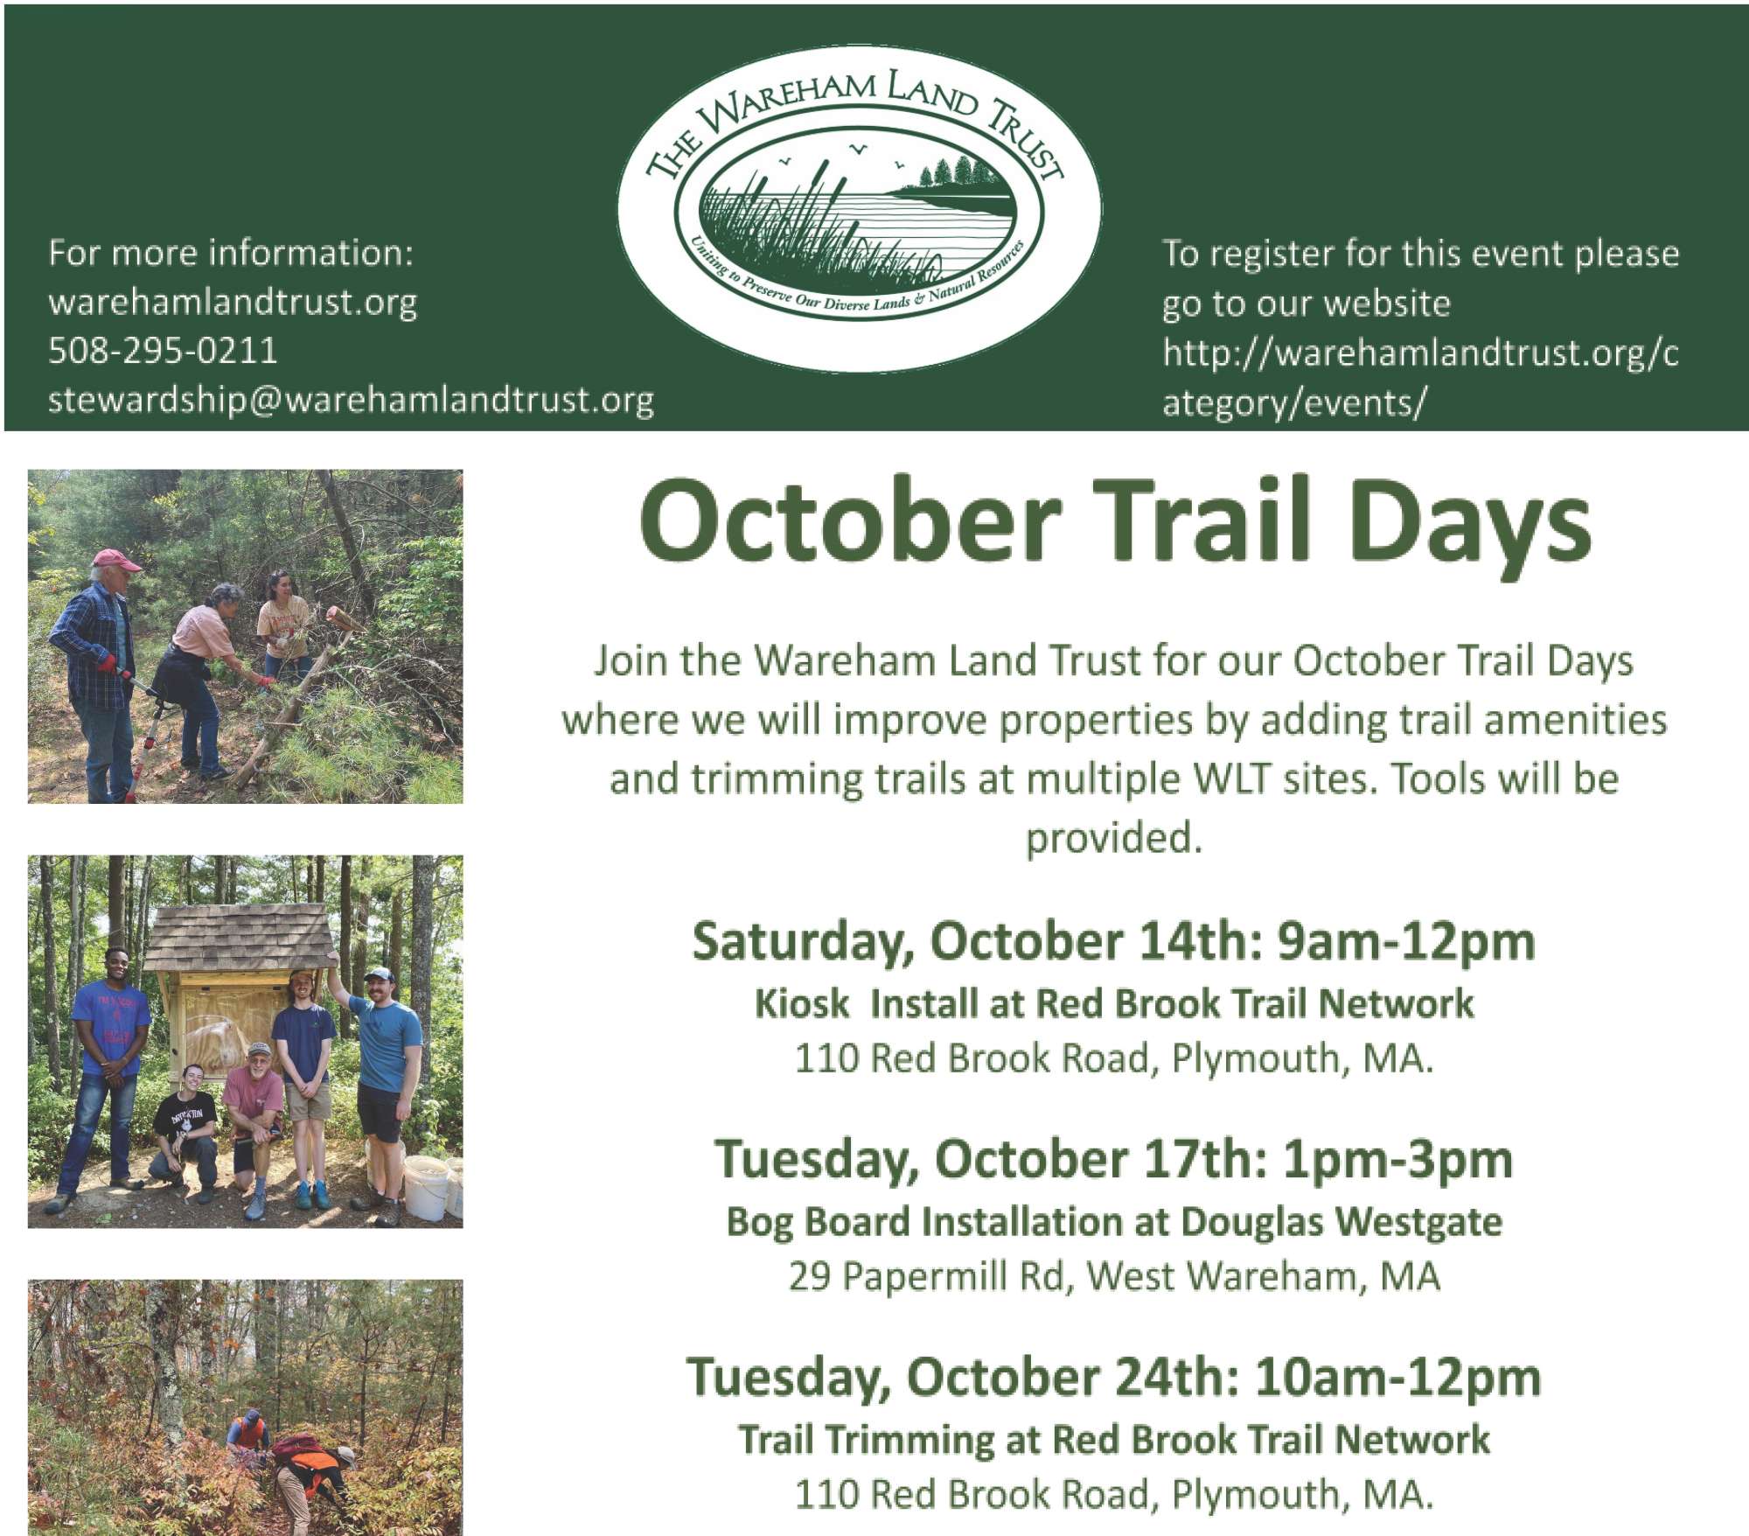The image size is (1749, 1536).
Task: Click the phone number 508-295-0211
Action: click(163, 351)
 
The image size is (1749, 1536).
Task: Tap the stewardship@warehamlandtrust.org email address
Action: click(351, 400)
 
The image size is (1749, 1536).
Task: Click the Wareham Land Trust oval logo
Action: click(858, 218)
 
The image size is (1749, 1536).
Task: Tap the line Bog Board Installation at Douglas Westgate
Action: click(1113, 1222)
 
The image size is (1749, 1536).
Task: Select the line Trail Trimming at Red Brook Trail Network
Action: click(1113, 1440)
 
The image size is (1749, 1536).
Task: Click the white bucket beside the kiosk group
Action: click(426, 1187)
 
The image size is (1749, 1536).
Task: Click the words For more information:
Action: click(230, 254)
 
